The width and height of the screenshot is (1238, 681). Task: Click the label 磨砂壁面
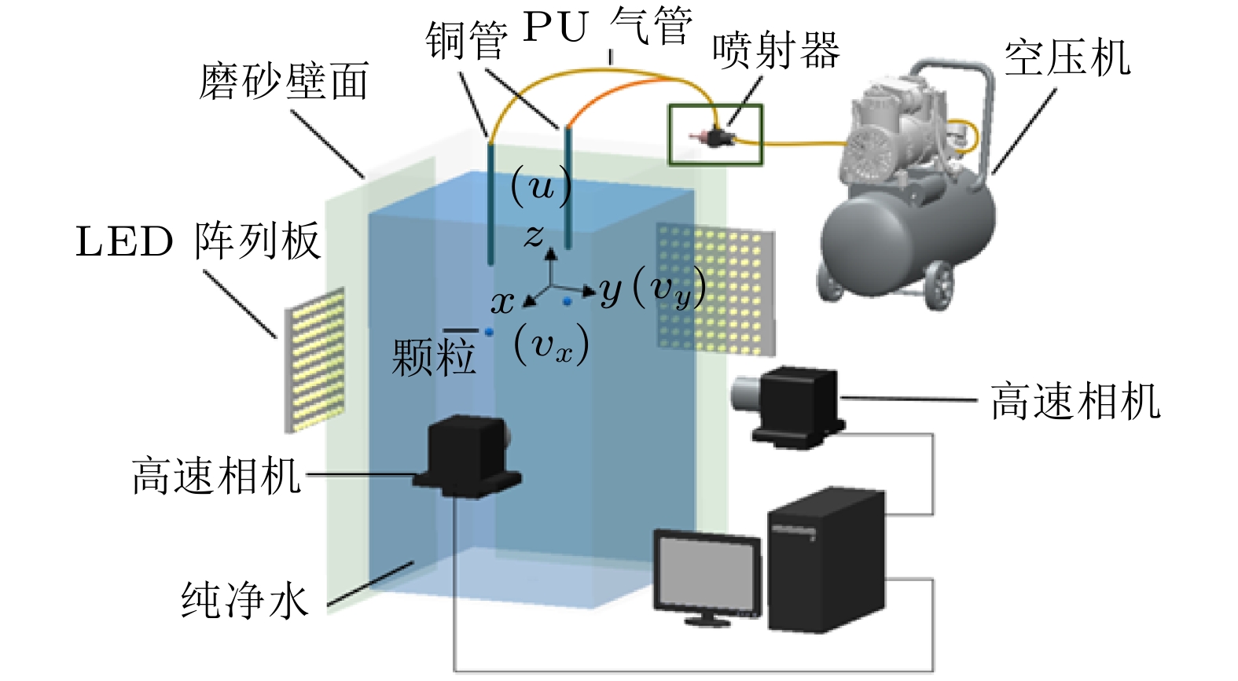(x=284, y=82)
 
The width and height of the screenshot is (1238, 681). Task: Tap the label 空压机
(x=1067, y=58)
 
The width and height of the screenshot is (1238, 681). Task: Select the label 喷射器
(x=776, y=50)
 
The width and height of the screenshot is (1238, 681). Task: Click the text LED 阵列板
(x=198, y=241)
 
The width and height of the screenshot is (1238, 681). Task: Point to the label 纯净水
(x=244, y=600)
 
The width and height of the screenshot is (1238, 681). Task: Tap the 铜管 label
(x=466, y=40)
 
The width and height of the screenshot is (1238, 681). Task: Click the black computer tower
(x=825, y=560)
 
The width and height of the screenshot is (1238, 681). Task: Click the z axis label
(x=535, y=234)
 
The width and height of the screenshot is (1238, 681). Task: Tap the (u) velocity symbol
(x=541, y=187)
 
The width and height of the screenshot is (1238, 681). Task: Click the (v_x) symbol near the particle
(x=551, y=345)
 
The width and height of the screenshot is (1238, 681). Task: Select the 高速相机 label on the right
(x=1075, y=401)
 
